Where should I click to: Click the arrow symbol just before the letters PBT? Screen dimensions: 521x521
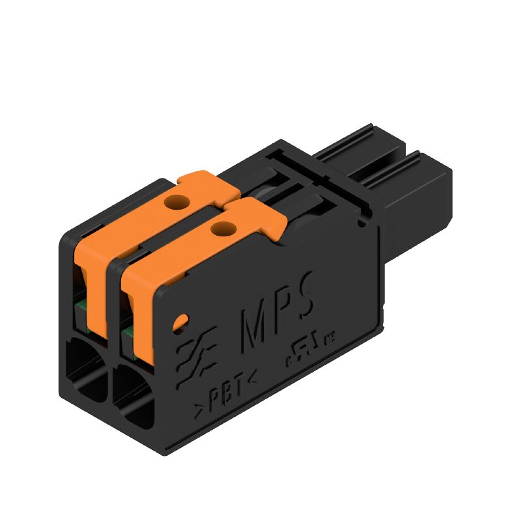(199, 410)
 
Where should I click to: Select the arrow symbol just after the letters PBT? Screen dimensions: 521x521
(251, 376)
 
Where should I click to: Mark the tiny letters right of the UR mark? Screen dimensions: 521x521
(330, 337)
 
